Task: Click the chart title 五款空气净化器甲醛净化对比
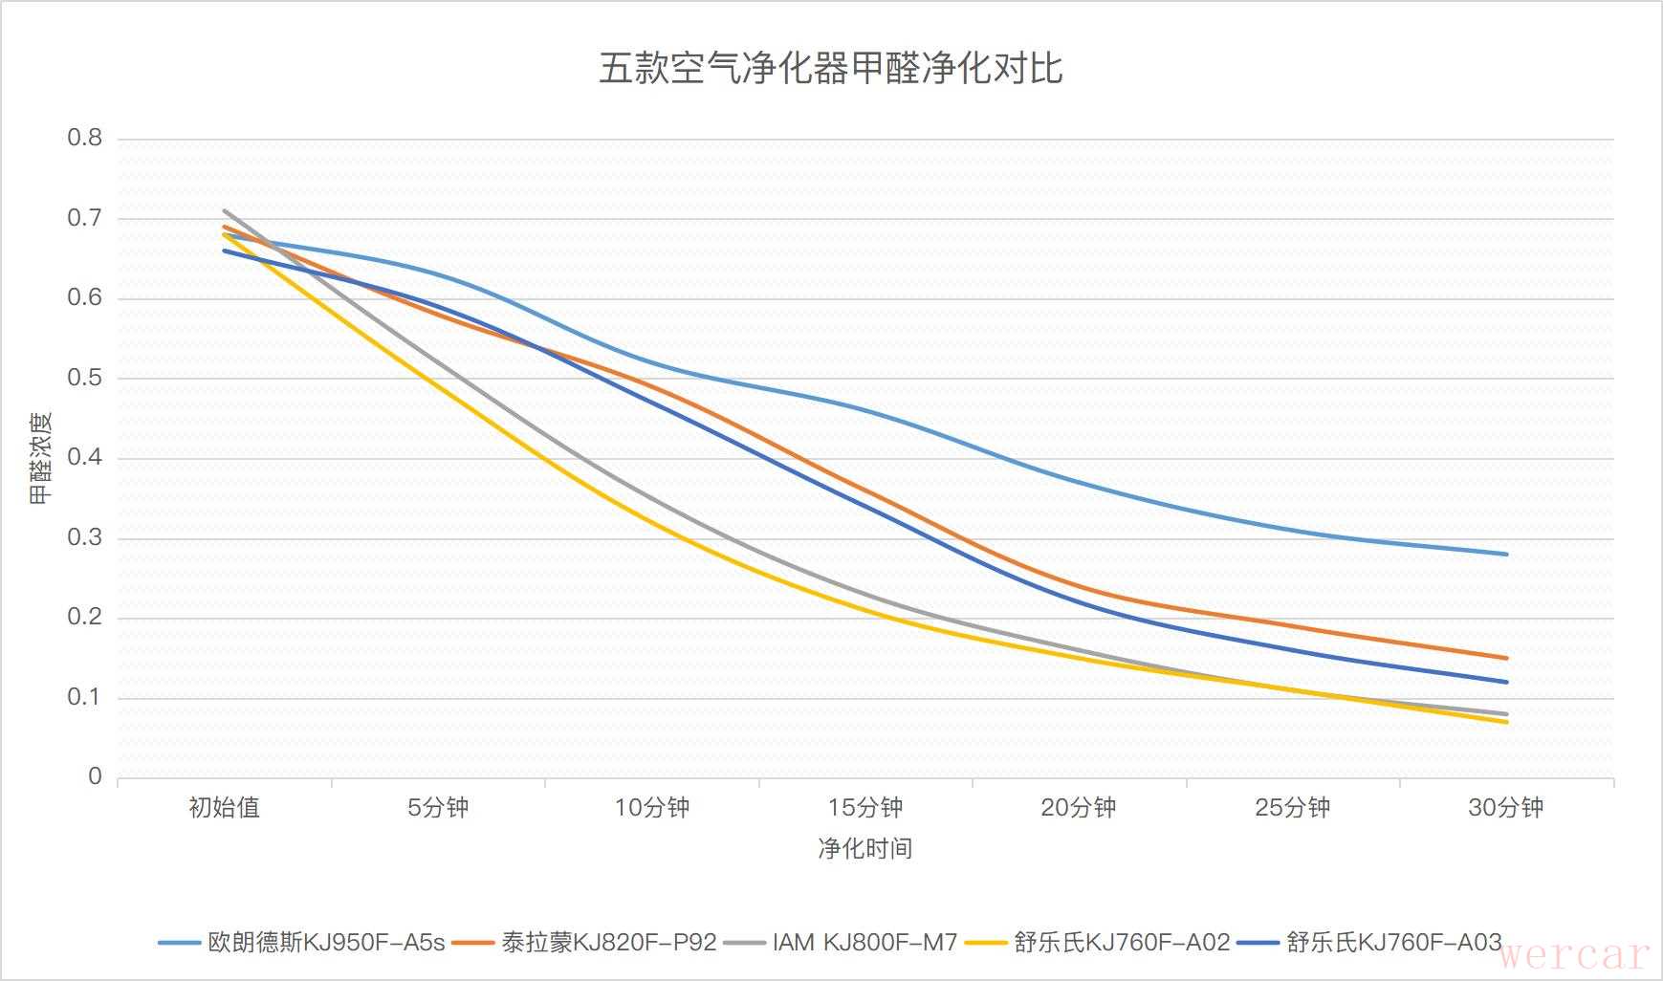click(830, 69)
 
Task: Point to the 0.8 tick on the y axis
click(84, 139)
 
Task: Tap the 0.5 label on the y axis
click(84, 379)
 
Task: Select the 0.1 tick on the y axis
click(84, 698)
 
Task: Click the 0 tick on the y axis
click(95, 777)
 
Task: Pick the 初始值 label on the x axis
click(224, 808)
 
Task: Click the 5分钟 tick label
click(438, 808)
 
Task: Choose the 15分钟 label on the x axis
click(864, 808)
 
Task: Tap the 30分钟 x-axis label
click(1505, 808)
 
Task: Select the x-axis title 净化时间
click(864, 848)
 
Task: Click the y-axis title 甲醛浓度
click(40, 458)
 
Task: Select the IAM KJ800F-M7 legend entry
click(864, 943)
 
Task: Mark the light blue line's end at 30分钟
click(1507, 554)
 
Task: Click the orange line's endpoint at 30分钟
click(1507, 658)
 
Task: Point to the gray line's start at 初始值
click(224, 210)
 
